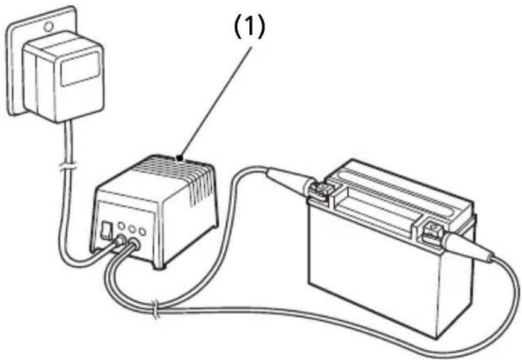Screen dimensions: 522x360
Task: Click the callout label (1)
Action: (x=250, y=28)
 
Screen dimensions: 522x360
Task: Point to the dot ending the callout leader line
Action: (x=181, y=158)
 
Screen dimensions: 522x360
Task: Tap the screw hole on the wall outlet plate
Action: (x=49, y=26)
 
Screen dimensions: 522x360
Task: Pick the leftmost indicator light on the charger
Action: (x=122, y=226)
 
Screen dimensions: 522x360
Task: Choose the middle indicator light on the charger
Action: (x=132, y=229)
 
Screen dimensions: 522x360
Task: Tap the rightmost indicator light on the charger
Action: (x=143, y=232)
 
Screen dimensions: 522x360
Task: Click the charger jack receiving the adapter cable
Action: (x=119, y=241)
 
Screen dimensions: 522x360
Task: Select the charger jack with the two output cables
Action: (x=134, y=244)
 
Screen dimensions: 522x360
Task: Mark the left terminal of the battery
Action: (x=319, y=191)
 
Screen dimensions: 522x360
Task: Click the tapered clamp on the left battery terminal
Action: (x=290, y=179)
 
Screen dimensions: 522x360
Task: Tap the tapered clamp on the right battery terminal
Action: (x=468, y=247)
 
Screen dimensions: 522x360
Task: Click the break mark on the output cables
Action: (x=155, y=309)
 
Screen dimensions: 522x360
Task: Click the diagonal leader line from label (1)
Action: (x=216, y=102)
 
